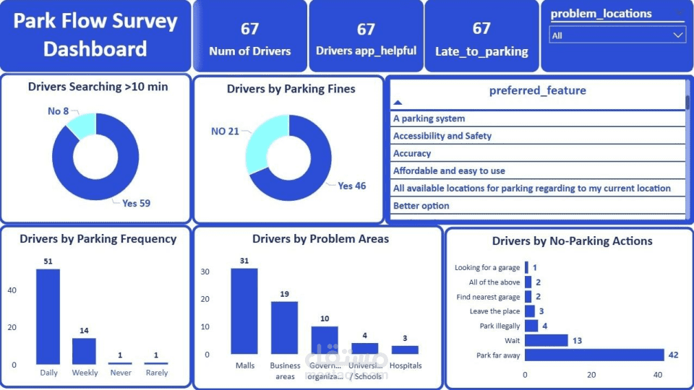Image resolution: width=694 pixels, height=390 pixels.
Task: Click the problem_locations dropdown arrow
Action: click(x=678, y=35)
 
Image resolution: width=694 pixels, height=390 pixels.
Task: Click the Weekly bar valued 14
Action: click(x=84, y=351)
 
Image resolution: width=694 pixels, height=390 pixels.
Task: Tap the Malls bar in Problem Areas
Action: click(x=244, y=311)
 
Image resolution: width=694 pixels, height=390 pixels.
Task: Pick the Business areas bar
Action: click(x=284, y=328)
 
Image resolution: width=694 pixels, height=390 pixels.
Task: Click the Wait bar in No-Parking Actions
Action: click(x=546, y=340)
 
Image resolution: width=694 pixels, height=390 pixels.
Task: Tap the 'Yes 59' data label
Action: click(x=136, y=203)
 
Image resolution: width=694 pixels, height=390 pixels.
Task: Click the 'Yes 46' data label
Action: click(x=351, y=186)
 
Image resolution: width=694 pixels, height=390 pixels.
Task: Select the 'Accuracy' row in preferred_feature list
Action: click(x=412, y=153)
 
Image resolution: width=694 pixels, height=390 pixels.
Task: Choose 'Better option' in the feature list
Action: click(x=421, y=206)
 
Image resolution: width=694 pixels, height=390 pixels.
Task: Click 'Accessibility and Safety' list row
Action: click(x=442, y=136)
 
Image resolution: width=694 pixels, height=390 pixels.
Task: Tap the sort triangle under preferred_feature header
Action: click(x=398, y=103)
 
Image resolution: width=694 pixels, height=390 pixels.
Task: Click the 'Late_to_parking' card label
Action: click(x=481, y=51)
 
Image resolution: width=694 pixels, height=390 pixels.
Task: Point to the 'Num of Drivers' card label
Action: click(x=250, y=51)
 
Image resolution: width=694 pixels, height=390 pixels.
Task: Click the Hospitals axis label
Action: click(x=405, y=365)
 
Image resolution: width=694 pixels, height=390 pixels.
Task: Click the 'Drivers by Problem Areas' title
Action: click(x=320, y=238)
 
